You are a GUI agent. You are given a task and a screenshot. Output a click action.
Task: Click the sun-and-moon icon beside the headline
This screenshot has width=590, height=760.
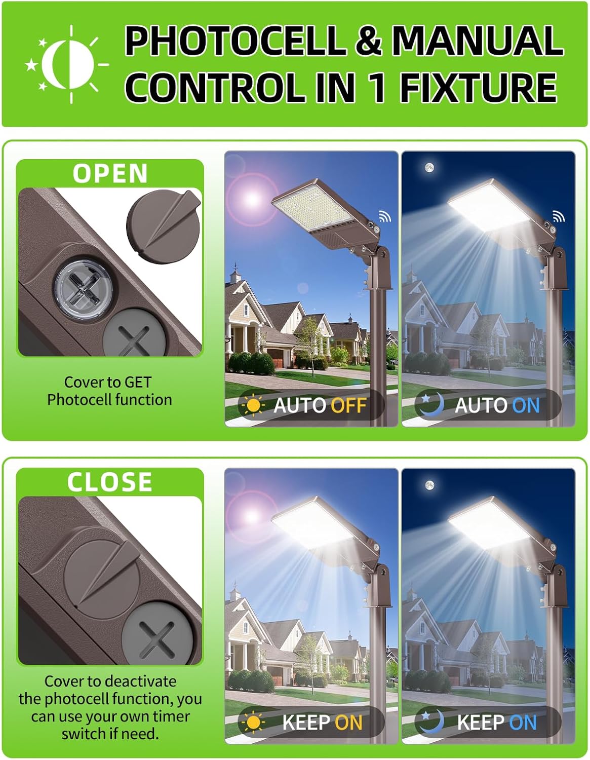point(67,64)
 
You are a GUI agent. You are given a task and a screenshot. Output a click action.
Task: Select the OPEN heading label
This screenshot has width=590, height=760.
point(110,173)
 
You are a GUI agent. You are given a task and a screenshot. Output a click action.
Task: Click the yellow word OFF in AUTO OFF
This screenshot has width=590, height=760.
point(348,405)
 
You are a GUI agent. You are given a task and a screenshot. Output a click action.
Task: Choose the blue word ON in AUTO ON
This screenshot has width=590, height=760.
point(526,405)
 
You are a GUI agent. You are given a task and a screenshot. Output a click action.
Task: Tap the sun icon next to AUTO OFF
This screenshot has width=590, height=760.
point(253,405)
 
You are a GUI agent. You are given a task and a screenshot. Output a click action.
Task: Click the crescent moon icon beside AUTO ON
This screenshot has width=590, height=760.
point(432,405)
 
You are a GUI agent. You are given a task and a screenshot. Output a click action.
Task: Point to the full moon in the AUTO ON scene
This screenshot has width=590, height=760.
point(429,168)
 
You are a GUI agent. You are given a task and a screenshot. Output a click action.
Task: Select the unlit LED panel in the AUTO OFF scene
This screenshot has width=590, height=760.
point(313,209)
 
